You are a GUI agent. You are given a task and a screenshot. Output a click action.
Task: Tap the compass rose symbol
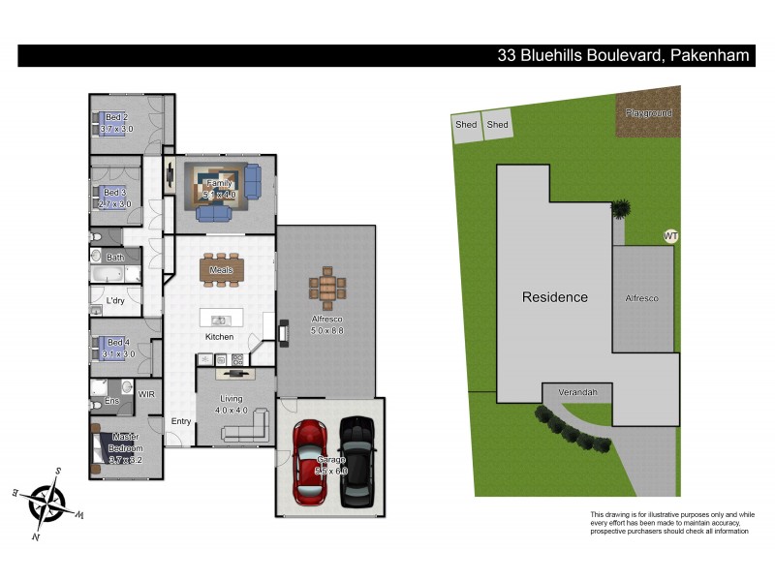46,503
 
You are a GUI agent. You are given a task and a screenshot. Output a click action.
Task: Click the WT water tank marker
669,235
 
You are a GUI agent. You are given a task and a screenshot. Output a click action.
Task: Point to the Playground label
648,113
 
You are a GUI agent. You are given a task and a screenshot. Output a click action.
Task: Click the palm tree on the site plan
618,207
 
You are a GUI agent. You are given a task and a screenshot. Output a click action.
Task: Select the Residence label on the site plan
555,297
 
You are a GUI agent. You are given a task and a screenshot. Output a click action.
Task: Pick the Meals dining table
219,270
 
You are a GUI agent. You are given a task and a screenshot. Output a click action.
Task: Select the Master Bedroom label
125,442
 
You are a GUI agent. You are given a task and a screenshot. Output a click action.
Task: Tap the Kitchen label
219,336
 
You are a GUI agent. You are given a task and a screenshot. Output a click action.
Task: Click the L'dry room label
115,300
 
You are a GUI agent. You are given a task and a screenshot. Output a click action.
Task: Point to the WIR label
146,394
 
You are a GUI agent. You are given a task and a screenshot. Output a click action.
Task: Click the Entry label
181,421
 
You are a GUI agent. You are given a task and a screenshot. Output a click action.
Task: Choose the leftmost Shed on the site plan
466,124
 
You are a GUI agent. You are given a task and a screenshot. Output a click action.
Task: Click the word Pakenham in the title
708,55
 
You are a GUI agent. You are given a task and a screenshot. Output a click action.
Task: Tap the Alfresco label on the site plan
641,298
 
